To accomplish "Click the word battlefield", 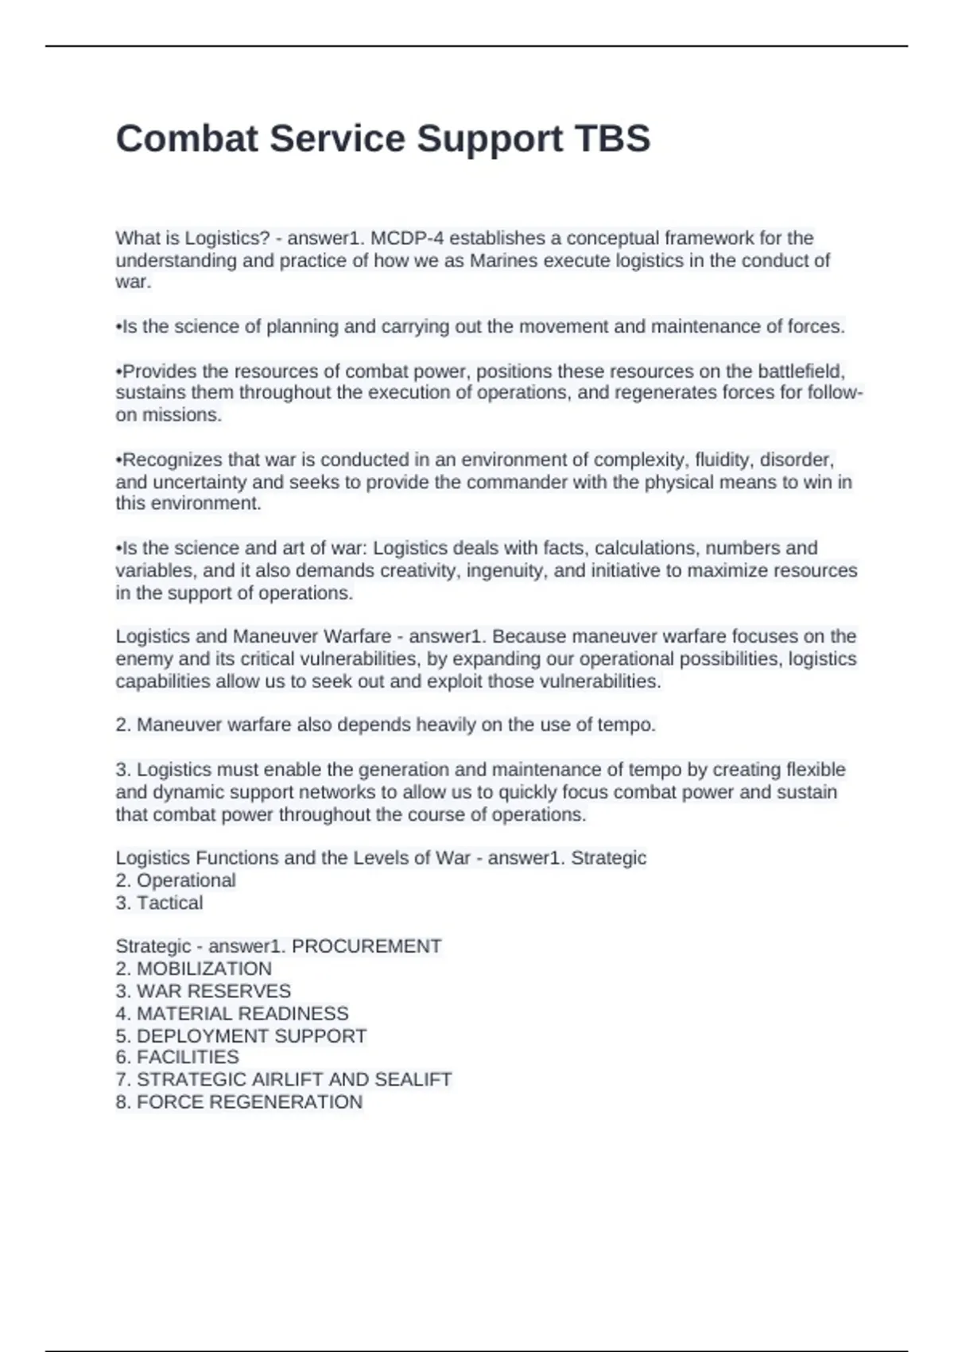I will click(x=801, y=371).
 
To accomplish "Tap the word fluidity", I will click(x=724, y=460).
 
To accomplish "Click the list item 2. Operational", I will click(x=176, y=880).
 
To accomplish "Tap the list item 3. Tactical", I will click(x=159, y=903).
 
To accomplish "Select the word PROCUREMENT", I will click(x=366, y=946).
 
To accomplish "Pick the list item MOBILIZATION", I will click(x=204, y=969).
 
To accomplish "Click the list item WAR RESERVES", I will click(x=213, y=991).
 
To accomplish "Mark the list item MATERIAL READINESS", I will click(x=242, y=1013).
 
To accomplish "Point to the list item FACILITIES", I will click(x=188, y=1057).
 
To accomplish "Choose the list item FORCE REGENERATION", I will click(x=249, y=1101).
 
